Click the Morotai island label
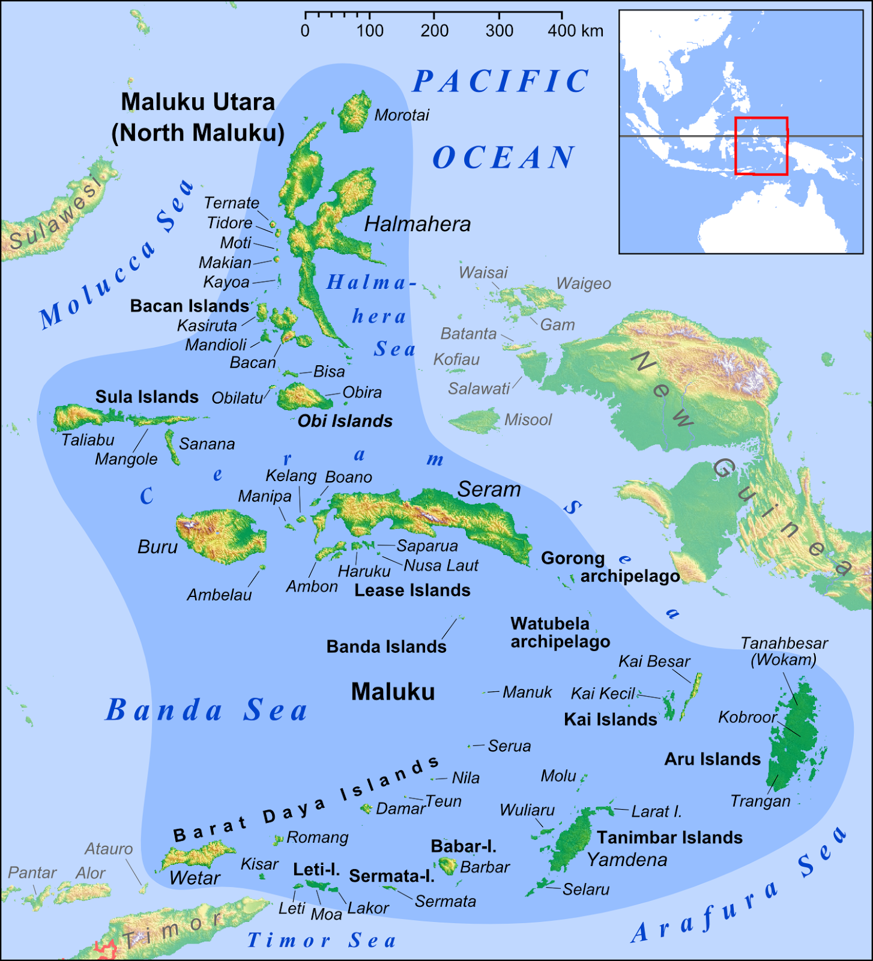[x=402, y=115]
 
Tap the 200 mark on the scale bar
[x=434, y=31]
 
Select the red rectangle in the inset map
[x=761, y=146]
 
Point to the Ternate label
[x=231, y=203]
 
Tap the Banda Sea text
[x=207, y=710]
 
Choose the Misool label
[x=528, y=420]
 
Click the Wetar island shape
[x=198, y=855]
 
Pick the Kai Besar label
[x=654, y=661]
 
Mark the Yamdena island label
[x=627, y=860]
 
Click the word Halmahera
[x=417, y=224]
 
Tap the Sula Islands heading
[x=147, y=397]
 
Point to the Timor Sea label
[x=322, y=940]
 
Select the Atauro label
[x=109, y=849]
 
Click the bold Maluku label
[x=393, y=692]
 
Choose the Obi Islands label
[x=345, y=421]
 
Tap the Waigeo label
[x=584, y=283]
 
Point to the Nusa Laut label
[x=441, y=565]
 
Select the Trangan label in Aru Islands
[x=760, y=801]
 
